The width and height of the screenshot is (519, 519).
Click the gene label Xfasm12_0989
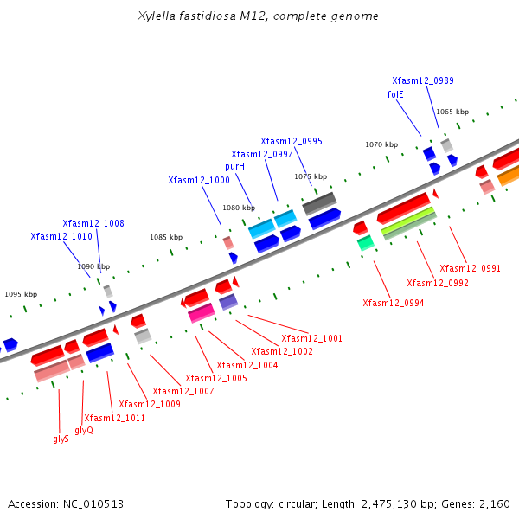[x=422, y=80]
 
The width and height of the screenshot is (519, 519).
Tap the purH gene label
[x=234, y=166]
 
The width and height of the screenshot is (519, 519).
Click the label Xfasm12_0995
[x=292, y=141]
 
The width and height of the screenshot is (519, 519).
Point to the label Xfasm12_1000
[x=199, y=180]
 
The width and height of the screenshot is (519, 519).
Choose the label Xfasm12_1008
[x=93, y=223]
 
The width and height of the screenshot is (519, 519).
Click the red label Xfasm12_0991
[x=470, y=268]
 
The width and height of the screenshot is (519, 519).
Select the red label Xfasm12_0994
[x=393, y=303]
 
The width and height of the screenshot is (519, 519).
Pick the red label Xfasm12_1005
[x=216, y=378]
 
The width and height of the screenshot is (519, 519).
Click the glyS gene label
[x=61, y=439]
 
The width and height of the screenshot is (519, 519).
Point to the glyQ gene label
[x=84, y=430]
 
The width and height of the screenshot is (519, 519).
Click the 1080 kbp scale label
[x=239, y=208]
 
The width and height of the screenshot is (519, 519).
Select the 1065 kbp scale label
[x=452, y=112]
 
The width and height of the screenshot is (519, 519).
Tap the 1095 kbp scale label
[x=21, y=294]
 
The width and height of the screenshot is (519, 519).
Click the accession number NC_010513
[x=90, y=503]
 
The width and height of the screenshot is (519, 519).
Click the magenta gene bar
[x=202, y=312]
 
